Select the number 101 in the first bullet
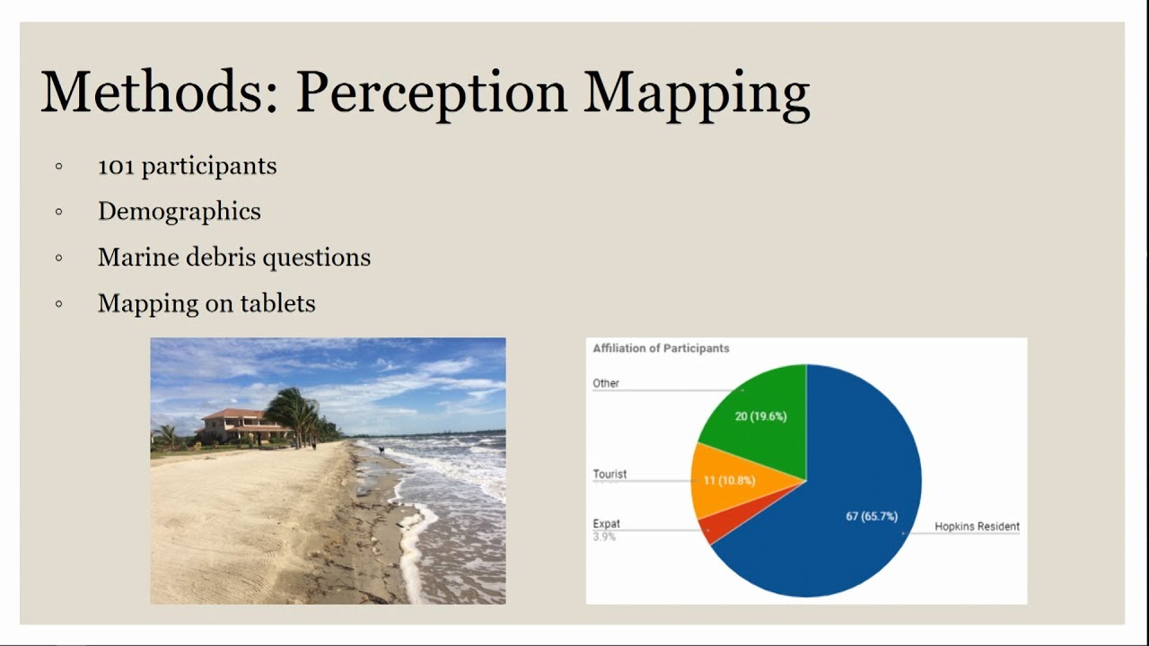pyautogui.click(x=116, y=166)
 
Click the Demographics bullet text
pyautogui.click(x=179, y=212)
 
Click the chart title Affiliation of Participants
pyautogui.click(x=661, y=348)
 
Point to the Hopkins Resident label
pyautogui.click(x=977, y=527)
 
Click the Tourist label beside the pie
pyautogui.click(x=610, y=474)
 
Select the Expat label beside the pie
pyautogui.click(x=606, y=524)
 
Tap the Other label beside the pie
pyautogui.click(x=606, y=383)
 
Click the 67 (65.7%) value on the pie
pyautogui.click(x=871, y=516)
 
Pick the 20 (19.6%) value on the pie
pyautogui.click(x=760, y=416)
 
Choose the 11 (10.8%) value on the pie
pyautogui.click(x=729, y=481)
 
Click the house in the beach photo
pyautogui.click(x=233, y=424)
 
